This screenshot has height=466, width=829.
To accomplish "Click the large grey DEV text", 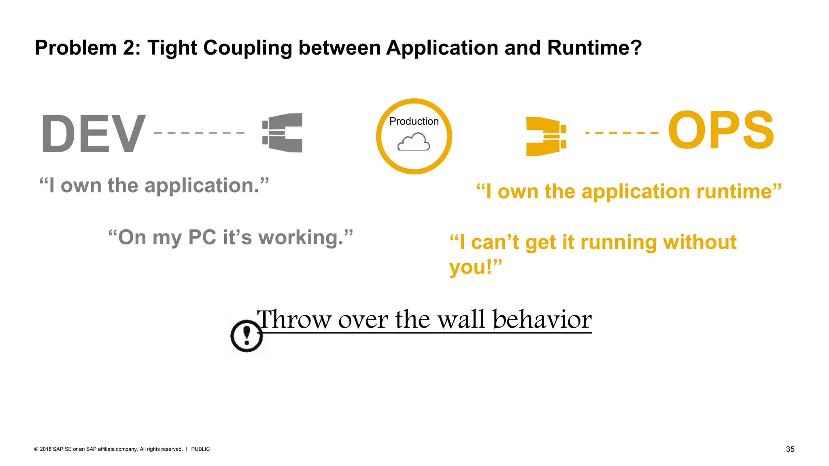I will [93, 133].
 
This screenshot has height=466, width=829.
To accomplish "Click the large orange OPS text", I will [721, 130].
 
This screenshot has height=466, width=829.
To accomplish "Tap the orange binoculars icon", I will [546, 136].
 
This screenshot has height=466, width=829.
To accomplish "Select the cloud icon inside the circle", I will [414, 142].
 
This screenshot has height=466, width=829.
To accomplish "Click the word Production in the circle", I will [414, 121].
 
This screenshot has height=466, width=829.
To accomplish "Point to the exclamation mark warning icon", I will [246, 335].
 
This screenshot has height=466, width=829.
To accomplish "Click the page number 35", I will [790, 449].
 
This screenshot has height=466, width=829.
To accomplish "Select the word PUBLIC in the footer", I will [200, 449].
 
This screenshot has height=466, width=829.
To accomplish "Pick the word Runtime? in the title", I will [594, 48].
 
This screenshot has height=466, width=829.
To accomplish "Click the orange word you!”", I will [476, 267].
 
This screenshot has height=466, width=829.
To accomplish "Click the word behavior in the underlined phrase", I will [542, 319].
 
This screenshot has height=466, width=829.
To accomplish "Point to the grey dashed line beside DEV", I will [199, 133].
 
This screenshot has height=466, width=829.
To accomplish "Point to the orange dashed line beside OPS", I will [622, 132].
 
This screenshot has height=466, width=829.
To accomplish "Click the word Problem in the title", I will [76, 48].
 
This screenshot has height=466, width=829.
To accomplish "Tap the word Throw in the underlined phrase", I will [294, 319].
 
